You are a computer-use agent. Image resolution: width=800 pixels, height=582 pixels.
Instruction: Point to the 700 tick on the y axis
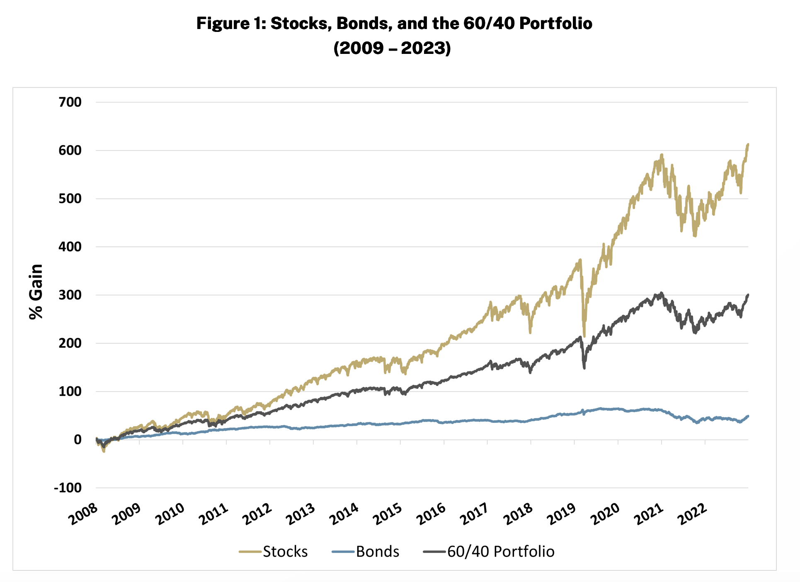70,102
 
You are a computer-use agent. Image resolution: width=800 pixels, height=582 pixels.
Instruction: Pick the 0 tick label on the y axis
78,440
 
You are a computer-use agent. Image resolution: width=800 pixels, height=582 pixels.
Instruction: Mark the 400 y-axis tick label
70,247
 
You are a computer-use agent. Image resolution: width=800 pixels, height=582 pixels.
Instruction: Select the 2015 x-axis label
388,514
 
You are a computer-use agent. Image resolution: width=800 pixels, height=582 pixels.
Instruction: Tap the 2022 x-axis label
692,514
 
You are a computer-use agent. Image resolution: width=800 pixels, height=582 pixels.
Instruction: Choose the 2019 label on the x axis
562,514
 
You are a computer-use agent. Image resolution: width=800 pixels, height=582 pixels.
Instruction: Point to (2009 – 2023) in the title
392,48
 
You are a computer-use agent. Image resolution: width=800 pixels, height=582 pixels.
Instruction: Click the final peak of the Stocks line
748,144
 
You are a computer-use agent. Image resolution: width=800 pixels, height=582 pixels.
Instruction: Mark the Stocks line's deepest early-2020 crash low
584,336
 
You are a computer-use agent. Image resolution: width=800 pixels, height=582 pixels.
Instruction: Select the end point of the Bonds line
748,416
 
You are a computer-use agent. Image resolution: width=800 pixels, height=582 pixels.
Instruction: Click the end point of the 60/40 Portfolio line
748,295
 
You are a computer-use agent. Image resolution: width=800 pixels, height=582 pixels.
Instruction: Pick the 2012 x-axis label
257,514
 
